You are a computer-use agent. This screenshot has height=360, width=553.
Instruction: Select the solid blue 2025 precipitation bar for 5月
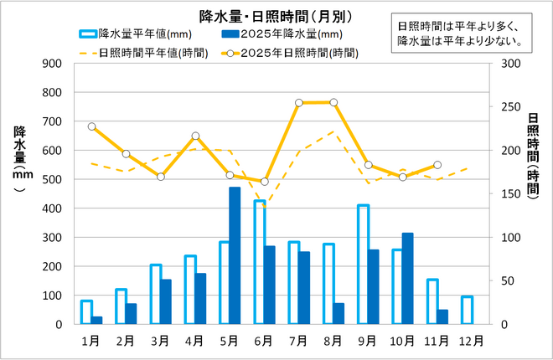[235, 255]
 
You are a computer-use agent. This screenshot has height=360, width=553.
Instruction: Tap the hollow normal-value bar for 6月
[260, 262]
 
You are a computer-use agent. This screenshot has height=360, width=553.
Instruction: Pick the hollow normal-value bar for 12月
[467, 310]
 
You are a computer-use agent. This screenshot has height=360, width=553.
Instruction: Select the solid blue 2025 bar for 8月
[339, 313]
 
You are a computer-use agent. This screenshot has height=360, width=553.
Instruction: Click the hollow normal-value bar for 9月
[363, 264]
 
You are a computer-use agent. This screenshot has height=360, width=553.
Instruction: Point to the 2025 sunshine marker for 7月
[299, 103]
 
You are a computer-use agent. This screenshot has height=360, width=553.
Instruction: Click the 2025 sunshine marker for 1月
[91, 126]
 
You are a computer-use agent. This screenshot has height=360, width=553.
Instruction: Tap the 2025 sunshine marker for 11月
[437, 165]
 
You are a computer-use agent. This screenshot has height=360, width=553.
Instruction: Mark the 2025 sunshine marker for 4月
[195, 136]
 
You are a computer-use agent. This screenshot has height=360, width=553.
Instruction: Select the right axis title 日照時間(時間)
[534, 155]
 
